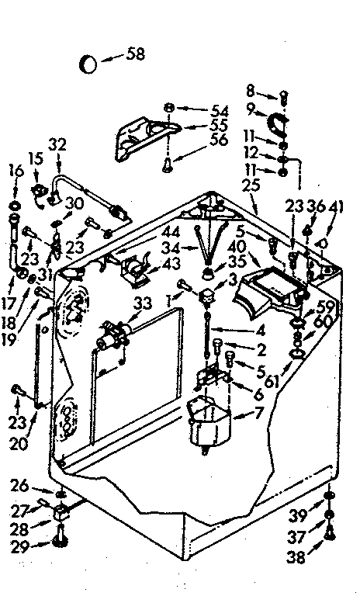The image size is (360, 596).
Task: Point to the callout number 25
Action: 251,186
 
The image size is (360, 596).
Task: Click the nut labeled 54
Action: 168,107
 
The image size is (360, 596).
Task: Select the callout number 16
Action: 14,171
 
